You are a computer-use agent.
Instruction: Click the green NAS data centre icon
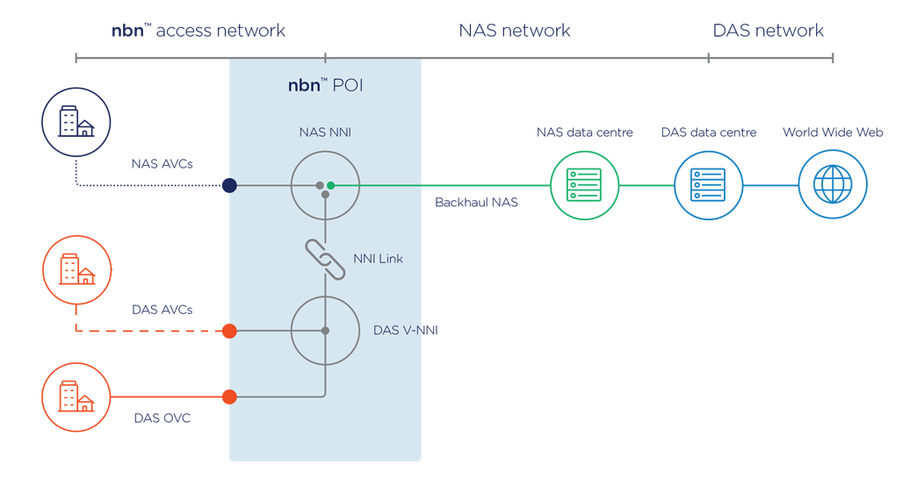click(x=584, y=185)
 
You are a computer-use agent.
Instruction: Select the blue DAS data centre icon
click(x=708, y=185)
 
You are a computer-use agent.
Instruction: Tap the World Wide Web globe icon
click(x=833, y=185)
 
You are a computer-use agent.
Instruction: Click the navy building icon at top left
click(x=76, y=122)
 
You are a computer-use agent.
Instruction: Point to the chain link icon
click(x=325, y=259)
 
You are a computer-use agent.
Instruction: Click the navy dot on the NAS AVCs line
click(x=229, y=185)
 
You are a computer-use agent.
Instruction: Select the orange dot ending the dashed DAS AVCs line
click(x=229, y=331)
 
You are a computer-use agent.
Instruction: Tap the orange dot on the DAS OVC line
click(x=229, y=397)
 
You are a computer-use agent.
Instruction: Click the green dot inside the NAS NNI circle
click(x=331, y=185)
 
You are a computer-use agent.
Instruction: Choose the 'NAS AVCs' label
click(x=162, y=163)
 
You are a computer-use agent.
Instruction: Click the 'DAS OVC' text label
click(x=162, y=419)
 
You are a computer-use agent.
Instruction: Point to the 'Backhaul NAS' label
click(x=476, y=203)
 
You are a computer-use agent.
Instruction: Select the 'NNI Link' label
click(x=378, y=259)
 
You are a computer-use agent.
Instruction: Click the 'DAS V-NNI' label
click(x=405, y=331)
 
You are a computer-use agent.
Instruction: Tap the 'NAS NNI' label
click(x=325, y=133)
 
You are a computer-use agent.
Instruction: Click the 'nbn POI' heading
click(x=325, y=85)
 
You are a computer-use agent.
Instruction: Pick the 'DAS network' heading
click(x=768, y=31)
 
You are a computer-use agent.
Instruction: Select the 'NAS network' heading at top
click(x=514, y=31)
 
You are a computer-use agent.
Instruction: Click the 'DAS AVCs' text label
click(x=162, y=310)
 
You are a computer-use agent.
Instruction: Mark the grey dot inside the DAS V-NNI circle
click(x=325, y=331)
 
